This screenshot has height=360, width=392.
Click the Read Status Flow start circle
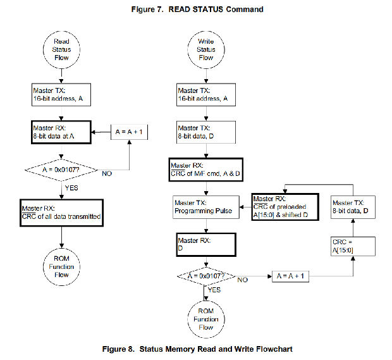click(x=61, y=49)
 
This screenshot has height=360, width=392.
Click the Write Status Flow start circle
click(x=206, y=49)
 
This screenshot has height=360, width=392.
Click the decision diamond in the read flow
click(x=61, y=169)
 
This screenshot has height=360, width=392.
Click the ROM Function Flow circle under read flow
click(x=61, y=266)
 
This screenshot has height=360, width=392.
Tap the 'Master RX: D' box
click(x=206, y=244)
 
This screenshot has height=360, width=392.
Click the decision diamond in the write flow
click(x=206, y=276)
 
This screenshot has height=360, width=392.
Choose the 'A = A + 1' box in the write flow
click(x=292, y=277)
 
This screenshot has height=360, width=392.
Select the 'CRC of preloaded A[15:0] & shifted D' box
click(x=285, y=206)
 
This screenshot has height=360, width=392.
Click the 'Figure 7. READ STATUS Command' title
click(x=196, y=9)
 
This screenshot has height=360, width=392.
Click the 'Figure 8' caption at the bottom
click(x=196, y=349)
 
